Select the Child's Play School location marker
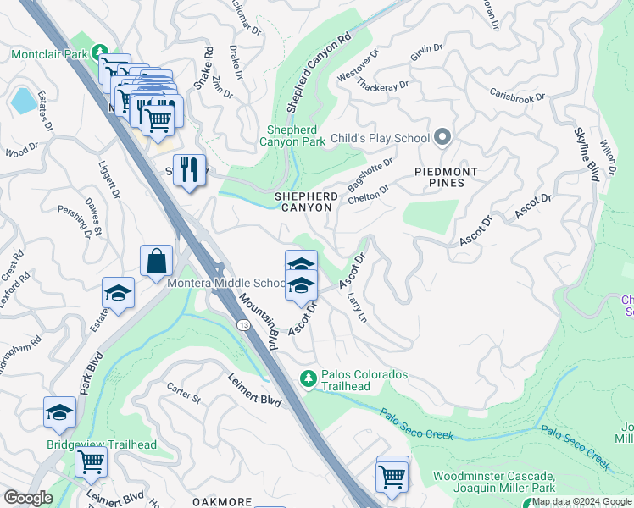point(442,136)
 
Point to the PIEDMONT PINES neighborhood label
point(446,177)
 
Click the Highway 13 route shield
point(245,325)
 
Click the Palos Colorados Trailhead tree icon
point(308,376)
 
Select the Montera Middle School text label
point(225,283)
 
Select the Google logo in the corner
point(27,498)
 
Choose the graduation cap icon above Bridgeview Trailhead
point(59,412)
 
